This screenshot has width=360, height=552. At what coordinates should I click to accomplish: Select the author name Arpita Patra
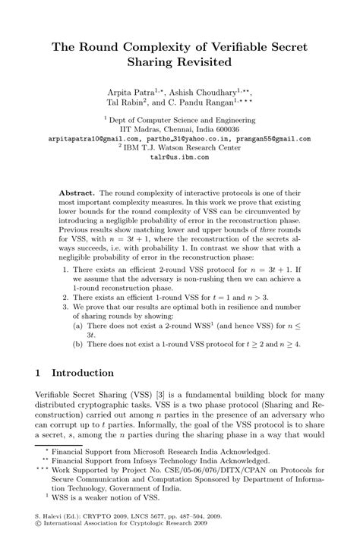pyautogui.click(x=141, y=90)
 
